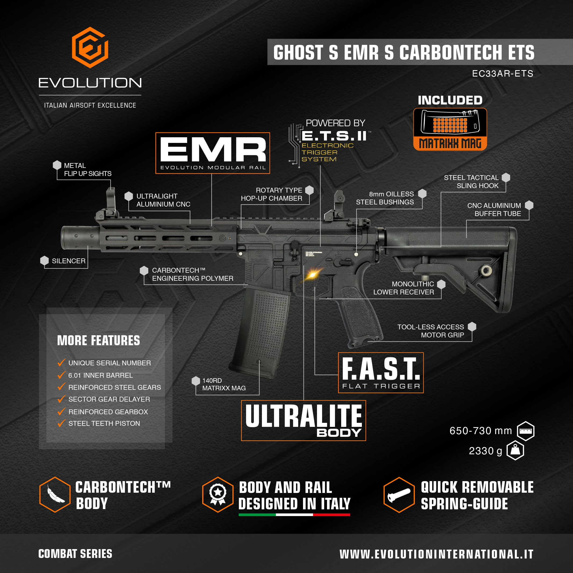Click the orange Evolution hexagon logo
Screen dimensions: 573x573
90,48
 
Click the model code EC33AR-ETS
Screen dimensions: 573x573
502,74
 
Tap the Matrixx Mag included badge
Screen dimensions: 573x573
450,129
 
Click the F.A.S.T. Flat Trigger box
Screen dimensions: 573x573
381,373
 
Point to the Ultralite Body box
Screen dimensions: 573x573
303,420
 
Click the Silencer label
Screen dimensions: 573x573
69,261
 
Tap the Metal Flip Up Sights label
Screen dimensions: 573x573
88,170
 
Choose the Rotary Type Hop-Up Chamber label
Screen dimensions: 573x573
272,194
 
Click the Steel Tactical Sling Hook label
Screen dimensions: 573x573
471,182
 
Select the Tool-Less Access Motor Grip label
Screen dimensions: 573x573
431,331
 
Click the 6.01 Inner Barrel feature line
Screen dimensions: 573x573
100,376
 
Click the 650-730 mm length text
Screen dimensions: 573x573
481,431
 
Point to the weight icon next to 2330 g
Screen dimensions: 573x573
516,451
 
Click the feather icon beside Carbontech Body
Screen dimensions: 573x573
55,494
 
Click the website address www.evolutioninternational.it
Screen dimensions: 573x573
436,554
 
